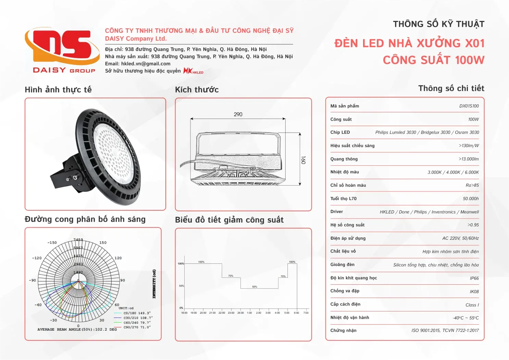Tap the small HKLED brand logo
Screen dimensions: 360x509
tap(193, 71)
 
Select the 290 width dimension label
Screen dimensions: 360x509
tap(238, 114)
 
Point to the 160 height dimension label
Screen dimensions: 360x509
tap(303, 160)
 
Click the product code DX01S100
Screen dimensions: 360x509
tap(469, 106)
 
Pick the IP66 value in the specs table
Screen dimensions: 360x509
tap(474, 278)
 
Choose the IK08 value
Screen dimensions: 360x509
tap(474, 292)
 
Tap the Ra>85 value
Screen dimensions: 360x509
tap(472, 185)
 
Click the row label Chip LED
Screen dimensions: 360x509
tap(340, 133)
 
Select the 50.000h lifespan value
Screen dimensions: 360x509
tap(471, 199)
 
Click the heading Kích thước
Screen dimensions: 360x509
tap(197, 90)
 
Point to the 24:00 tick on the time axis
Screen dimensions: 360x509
tap(240, 313)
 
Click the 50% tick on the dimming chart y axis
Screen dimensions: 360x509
tap(181, 286)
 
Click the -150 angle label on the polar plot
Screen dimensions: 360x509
tap(52, 243)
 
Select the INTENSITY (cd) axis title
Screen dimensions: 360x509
tap(154, 284)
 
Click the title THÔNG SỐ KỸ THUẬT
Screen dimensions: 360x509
tap(438, 24)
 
